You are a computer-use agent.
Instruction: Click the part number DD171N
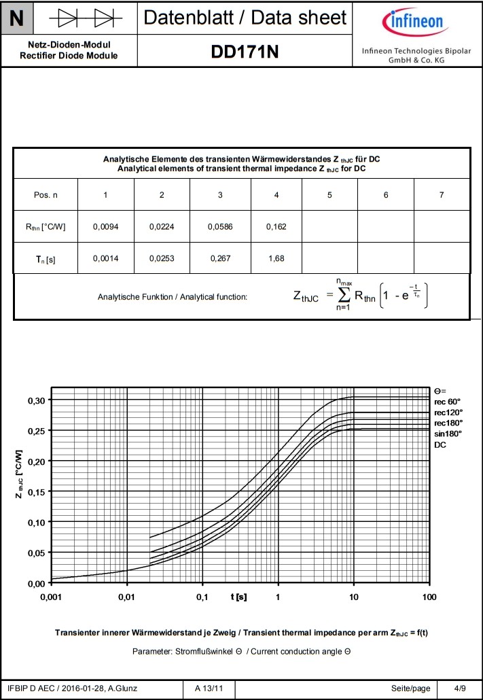tap(245, 52)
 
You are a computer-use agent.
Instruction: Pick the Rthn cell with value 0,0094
tap(105, 226)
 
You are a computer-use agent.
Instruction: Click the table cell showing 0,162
tap(276, 226)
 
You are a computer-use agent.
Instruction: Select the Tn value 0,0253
tap(161, 259)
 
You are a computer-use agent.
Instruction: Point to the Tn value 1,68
tap(276, 259)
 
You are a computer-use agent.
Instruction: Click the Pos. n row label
tap(46, 195)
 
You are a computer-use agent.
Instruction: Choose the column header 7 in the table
tap(442, 195)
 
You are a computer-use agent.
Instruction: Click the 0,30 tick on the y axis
tap(35, 400)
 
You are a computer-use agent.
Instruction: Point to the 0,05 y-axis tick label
tap(35, 553)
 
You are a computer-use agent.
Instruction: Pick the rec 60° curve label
tap(448, 402)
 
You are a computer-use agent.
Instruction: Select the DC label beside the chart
tap(441, 444)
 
